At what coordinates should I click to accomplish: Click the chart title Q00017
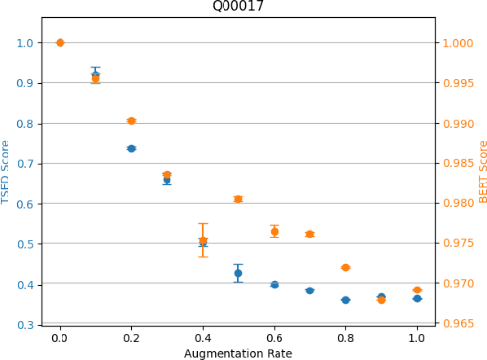tap(238, 7)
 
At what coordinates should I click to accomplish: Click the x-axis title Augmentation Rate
tap(238, 353)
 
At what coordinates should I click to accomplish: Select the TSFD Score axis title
tap(7, 171)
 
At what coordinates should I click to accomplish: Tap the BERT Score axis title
tap(482, 171)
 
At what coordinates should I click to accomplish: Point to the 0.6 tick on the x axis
tap(274, 336)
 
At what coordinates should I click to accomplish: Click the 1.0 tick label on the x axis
tap(417, 336)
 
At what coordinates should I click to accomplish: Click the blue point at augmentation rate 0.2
tap(131, 148)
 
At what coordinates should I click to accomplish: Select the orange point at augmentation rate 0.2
tap(131, 121)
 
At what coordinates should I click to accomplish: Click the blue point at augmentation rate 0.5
tap(238, 273)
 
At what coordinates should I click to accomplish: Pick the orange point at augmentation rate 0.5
tap(238, 199)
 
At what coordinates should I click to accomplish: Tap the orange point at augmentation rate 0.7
tap(309, 234)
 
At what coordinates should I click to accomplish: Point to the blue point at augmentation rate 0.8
tap(345, 300)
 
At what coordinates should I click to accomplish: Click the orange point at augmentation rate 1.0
tap(417, 290)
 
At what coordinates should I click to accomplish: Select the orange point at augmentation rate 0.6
tap(274, 231)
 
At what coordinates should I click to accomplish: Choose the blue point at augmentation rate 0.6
tap(274, 284)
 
